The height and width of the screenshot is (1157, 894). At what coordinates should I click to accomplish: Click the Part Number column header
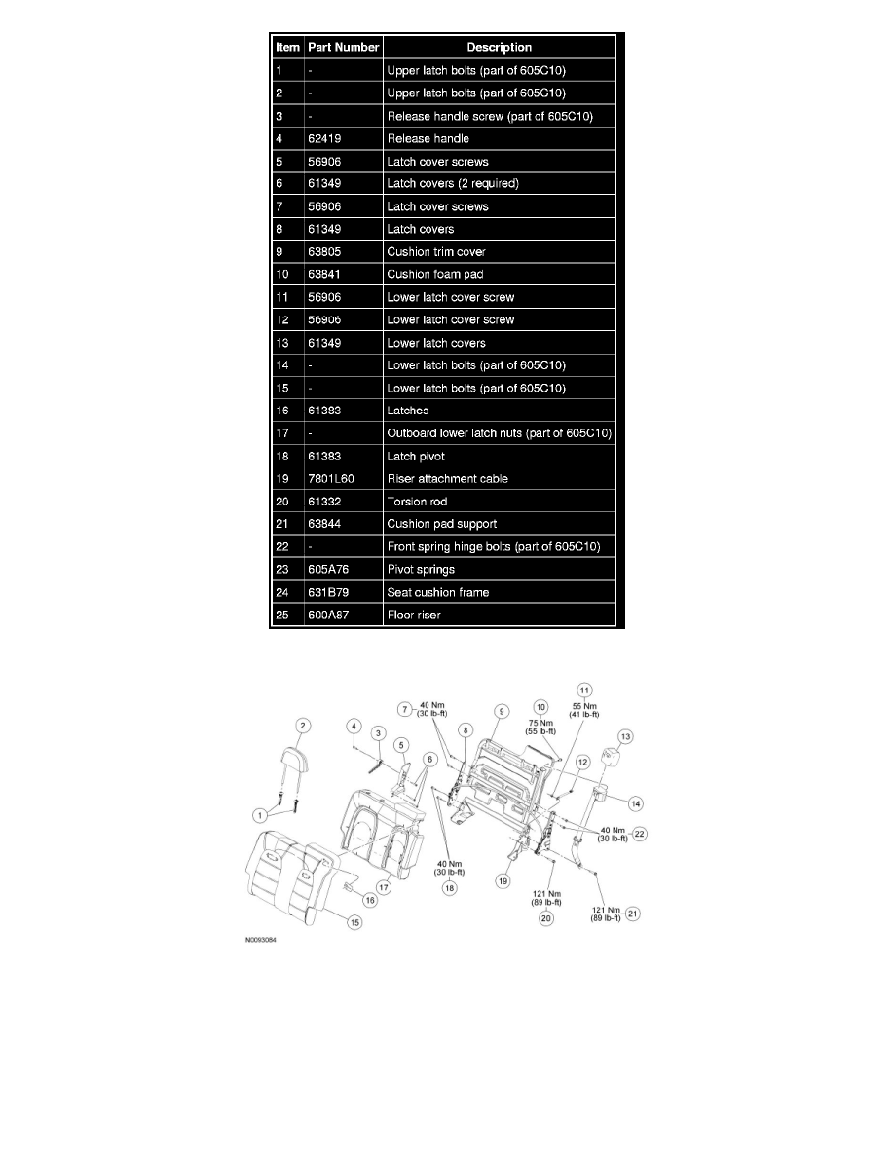point(343,47)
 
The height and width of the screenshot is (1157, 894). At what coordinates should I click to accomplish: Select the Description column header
point(499,47)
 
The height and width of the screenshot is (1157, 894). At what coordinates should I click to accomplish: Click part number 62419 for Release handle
point(326,138)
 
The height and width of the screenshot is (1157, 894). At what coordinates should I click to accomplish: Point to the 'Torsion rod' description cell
point(417,501)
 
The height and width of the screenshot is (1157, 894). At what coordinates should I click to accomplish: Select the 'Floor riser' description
point(414,615)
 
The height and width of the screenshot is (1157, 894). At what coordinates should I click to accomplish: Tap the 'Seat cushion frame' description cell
point(437,592)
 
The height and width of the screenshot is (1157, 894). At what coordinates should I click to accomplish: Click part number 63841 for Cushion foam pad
point(326,274)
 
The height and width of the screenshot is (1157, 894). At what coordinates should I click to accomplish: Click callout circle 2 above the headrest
point(303,726)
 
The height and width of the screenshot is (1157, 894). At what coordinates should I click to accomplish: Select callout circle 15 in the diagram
point(355,922)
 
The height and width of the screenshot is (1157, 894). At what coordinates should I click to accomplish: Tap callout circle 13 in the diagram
point(625,736)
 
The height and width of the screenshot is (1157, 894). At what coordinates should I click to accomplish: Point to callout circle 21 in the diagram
point(634,913)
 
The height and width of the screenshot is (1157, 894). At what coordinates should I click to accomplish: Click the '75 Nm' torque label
point(541,722)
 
